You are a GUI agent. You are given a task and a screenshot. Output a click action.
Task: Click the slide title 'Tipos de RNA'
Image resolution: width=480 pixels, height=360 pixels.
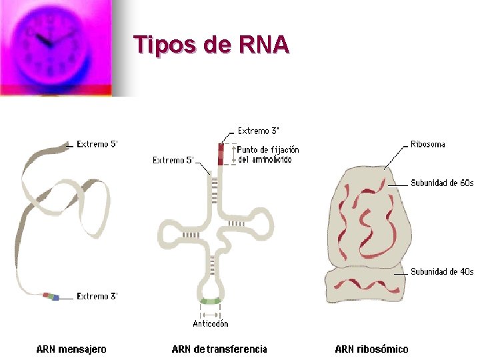211,45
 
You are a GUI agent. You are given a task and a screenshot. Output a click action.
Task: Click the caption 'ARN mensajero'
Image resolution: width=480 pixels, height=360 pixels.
71,349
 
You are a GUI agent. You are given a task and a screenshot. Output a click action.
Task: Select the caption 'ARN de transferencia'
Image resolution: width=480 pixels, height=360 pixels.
219,349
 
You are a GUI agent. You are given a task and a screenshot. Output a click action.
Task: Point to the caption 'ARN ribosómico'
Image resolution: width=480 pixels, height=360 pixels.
371,349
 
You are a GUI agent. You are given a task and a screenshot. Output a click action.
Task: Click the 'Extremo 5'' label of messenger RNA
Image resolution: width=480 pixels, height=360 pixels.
97,144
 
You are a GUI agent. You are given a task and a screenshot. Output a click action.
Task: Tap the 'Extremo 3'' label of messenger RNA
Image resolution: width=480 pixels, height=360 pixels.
97,296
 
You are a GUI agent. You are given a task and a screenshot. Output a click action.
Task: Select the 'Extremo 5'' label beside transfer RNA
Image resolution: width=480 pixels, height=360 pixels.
173,160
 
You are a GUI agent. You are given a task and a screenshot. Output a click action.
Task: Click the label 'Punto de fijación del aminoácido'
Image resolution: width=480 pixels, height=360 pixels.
268,155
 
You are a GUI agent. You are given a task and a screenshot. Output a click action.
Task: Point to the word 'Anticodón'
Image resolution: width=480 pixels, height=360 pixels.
211,323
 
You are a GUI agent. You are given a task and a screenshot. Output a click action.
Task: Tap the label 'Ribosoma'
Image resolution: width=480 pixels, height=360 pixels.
428,144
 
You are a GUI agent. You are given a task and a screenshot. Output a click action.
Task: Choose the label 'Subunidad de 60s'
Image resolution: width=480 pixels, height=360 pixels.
441,183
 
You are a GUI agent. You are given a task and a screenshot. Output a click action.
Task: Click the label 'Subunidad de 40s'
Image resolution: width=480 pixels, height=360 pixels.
441,271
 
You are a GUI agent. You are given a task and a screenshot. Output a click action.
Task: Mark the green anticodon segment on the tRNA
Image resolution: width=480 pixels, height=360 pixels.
210,301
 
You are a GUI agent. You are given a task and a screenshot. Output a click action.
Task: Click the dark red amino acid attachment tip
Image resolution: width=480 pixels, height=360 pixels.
221,153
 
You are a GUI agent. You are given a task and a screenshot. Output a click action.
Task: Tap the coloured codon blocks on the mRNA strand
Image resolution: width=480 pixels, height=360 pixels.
51,295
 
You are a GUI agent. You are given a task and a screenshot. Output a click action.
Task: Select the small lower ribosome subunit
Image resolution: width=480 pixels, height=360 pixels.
365,284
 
